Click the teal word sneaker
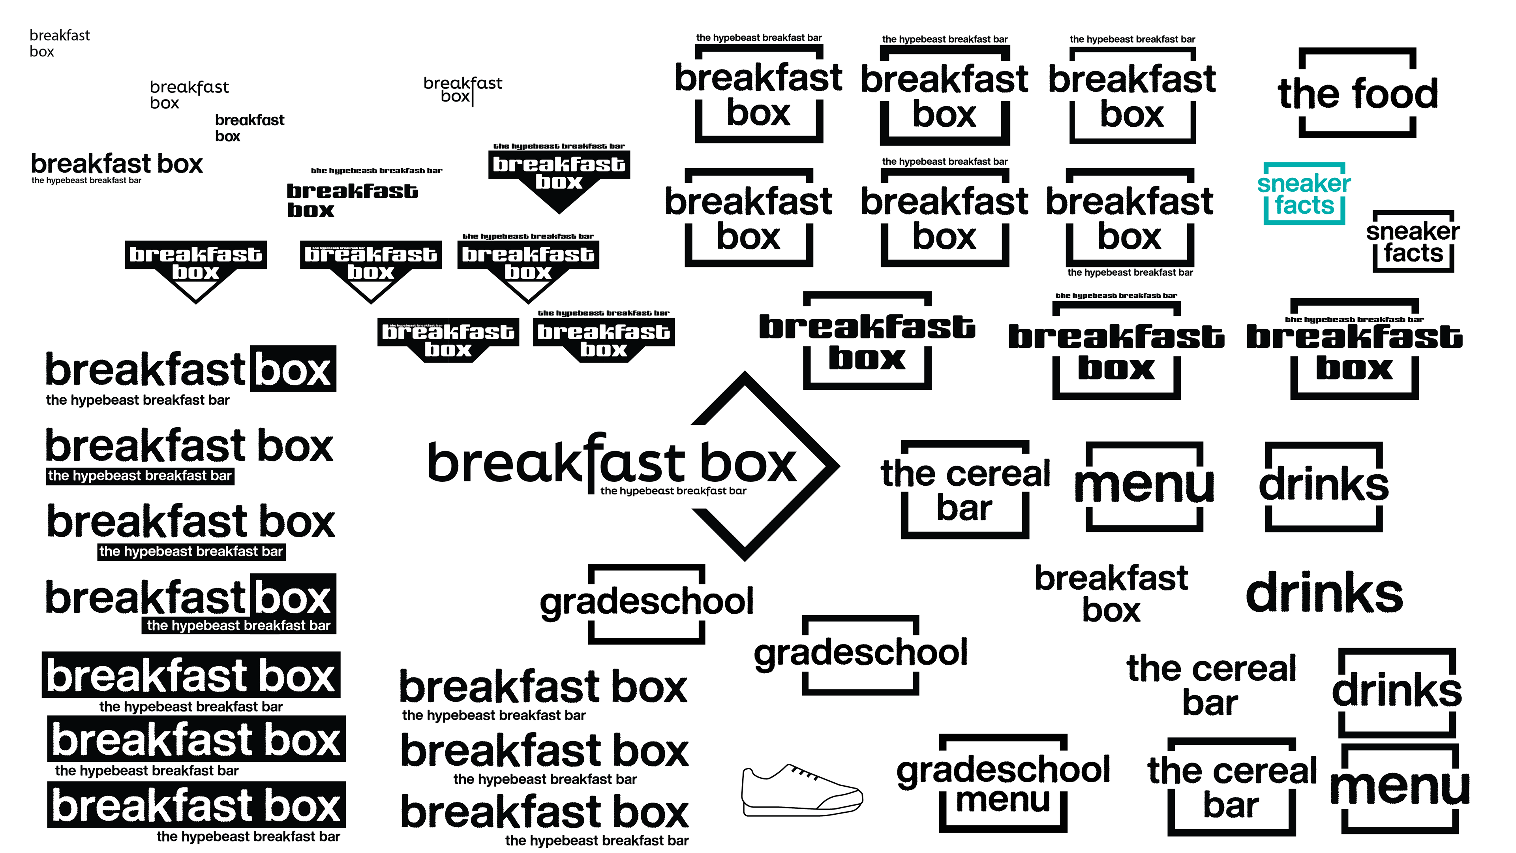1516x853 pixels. coord(1304,184)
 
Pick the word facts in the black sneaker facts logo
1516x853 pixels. coord(1413,254)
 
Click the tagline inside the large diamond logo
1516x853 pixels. coord(673,491)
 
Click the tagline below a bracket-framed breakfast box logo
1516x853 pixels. coord(1130,272)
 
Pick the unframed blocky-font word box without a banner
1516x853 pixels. coord(310,210)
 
